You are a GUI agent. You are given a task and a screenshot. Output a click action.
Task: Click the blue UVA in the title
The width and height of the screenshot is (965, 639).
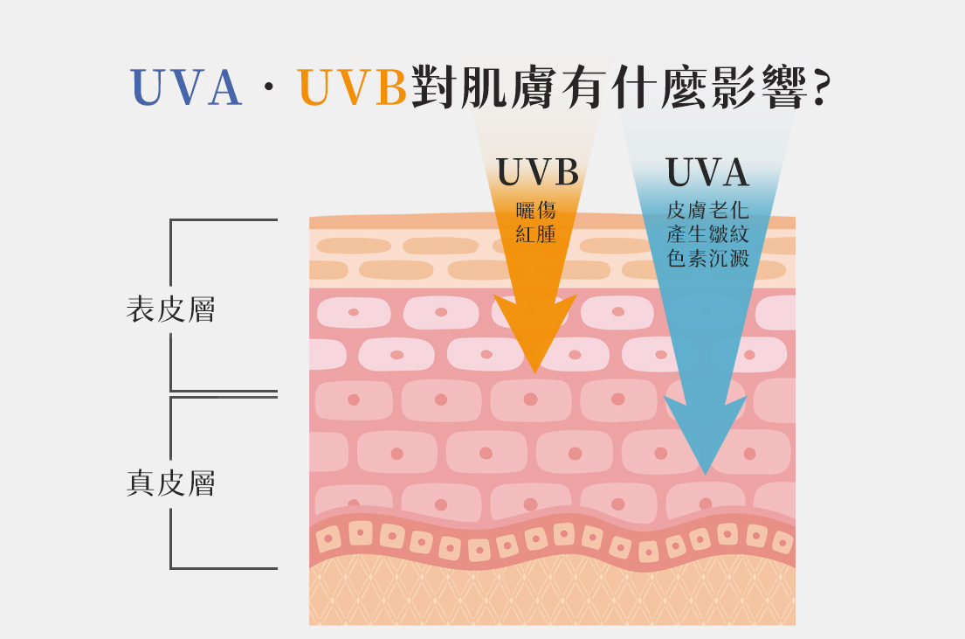point(186,88)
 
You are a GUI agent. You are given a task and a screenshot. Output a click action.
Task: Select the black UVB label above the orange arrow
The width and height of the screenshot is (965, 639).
point(538,173)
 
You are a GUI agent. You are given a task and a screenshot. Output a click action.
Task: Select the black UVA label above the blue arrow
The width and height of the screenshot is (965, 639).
point(707,173)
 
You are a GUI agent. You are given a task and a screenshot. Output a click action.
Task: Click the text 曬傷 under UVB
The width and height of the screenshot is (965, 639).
point(536,211)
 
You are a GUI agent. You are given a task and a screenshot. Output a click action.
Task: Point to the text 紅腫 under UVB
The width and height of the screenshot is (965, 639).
point(536,234)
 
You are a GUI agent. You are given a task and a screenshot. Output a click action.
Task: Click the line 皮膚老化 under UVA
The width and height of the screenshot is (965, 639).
point(707,211)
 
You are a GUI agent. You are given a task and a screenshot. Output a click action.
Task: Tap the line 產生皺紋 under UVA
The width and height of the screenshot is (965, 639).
point(707,234)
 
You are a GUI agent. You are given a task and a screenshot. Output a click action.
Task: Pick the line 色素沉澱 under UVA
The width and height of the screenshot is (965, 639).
point(707,259)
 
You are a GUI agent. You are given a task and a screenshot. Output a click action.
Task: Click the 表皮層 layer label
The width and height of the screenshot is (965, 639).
point(171,309)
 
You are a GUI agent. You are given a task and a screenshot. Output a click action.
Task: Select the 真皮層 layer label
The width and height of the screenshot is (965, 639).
point(171,483)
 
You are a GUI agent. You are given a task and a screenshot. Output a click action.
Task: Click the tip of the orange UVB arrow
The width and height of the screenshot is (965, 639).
point(534,372)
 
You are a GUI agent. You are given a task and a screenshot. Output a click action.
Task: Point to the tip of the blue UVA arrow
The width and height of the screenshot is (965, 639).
point(706,472)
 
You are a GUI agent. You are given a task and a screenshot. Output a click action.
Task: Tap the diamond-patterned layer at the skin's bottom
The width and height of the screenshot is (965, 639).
point(552,594)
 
